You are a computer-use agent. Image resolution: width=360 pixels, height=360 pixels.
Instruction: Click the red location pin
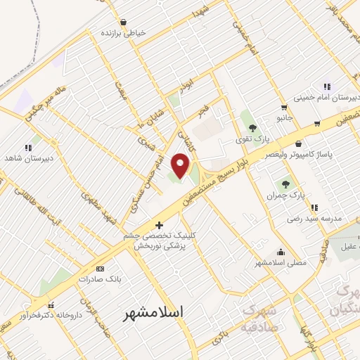pyautogui.click(x=181, y=165)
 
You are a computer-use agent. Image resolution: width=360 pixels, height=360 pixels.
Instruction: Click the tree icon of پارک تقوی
pyautogui.click(x=252, y=128)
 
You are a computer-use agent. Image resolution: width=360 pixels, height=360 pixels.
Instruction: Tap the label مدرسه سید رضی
pyautogui.click(x=314, y=219)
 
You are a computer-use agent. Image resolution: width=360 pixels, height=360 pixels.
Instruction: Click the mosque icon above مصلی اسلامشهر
pyautogui.click(x=281, y=252)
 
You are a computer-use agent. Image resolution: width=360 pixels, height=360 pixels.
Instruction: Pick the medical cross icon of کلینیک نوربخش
pyautogui.click(x=160, y=226)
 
